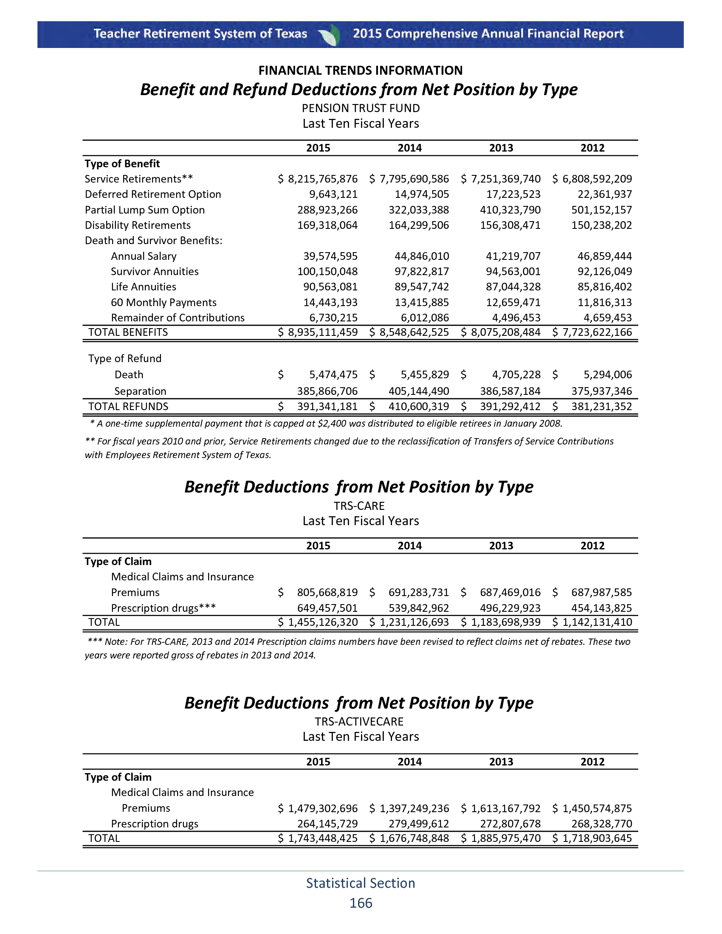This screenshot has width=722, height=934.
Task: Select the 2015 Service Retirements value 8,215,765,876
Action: (322, 179)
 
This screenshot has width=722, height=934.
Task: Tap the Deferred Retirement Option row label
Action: (153, 194)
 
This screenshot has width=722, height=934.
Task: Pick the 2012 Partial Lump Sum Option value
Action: (601, 210)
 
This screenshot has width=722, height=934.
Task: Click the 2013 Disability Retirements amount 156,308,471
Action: (510, 225)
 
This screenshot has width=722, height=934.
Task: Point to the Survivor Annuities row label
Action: (155, 272)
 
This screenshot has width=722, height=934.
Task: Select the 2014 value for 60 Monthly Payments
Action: (421, 303)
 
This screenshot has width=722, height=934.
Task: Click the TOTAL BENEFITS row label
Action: (128, 332)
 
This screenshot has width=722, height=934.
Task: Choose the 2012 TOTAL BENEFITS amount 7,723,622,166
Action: (597, 332)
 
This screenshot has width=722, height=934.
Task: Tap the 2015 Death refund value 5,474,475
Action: (333, 375)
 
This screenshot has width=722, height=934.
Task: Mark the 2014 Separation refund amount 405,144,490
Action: (419, 391)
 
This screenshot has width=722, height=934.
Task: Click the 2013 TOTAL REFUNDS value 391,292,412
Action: (510, 407)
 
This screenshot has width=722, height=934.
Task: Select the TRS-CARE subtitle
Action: (359, 506)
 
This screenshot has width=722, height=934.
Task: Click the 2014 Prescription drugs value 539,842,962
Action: (419, 608)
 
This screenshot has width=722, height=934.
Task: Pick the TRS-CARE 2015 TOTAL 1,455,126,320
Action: (322, 622)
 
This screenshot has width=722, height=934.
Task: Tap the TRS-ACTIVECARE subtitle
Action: (359, 722)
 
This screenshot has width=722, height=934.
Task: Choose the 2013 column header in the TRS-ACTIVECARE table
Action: (501, 762)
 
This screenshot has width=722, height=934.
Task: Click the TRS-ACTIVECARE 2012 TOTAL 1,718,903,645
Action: (597, 838)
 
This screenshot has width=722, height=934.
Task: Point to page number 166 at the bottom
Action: (361, 903)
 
